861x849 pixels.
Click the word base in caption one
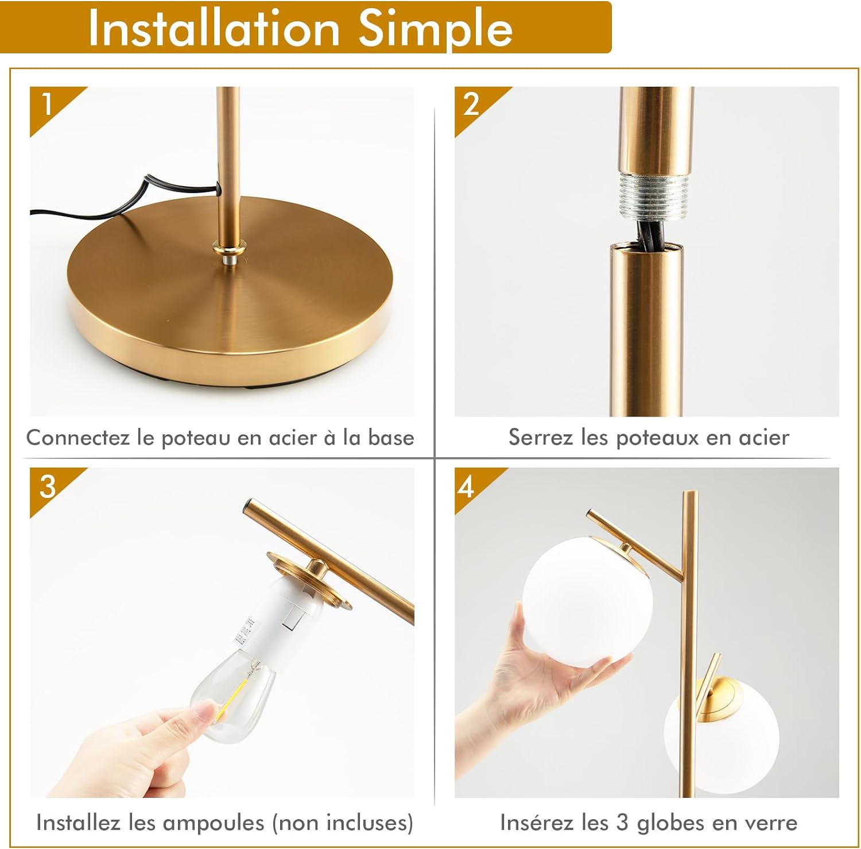[x=391, y=438]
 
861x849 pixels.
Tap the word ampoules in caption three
[x=213, y=823]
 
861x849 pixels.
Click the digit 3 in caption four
[x=622, y=823]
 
